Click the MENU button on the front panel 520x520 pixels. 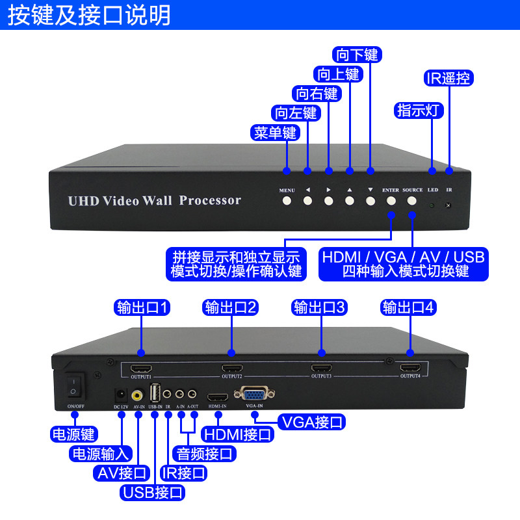point(287,201)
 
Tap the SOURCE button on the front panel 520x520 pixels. point(411,201)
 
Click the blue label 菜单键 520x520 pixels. point(274,133)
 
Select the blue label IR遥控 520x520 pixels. point(448,79)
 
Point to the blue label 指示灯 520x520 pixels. point(420,110)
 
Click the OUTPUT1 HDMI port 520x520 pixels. point(141,368)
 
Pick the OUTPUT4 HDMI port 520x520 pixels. point(409,368)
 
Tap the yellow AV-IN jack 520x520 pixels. point(138,395)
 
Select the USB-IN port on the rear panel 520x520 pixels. point(155,394)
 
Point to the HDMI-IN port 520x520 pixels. point(217,396)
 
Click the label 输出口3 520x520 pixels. point(321,307)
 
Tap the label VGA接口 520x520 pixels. point(311,422)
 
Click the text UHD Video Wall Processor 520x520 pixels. point(155,200)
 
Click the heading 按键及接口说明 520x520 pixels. point(90,14)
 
